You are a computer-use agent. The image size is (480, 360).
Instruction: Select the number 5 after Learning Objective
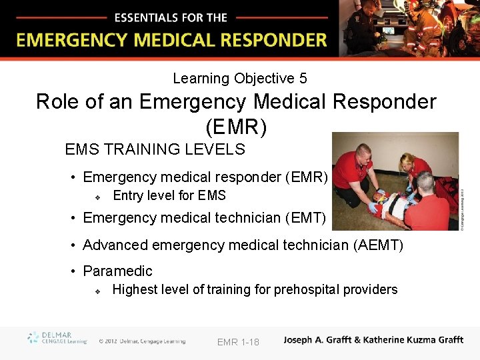[x=303, y=79]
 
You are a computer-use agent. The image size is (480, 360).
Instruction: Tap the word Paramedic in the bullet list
[x=117, y=271]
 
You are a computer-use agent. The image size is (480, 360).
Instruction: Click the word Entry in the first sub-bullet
[x=128, y=195]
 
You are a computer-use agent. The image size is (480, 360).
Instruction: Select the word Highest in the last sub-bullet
[x=135, y=289]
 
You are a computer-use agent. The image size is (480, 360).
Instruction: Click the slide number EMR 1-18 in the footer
[x=238, y=342]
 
